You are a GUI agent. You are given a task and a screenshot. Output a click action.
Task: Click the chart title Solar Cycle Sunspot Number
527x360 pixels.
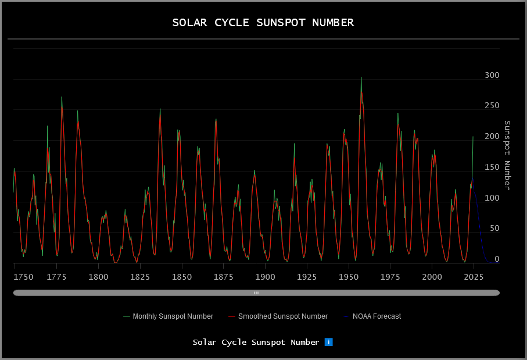tap(263, 23)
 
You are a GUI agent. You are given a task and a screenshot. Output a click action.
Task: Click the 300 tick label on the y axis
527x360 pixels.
tap(492, 76)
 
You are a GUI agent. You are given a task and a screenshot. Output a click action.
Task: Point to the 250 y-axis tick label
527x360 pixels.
tap(492, 106)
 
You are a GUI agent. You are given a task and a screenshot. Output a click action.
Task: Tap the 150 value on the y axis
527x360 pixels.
tap(492, 167)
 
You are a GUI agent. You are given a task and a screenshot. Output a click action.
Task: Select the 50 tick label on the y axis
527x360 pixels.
tap(494, 229)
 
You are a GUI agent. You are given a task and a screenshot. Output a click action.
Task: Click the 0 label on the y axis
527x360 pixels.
tap(496, 259)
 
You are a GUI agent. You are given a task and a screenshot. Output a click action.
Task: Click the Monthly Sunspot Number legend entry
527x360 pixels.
tap(173, 316)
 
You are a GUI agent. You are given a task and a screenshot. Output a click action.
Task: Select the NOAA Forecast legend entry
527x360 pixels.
tap(377, 316)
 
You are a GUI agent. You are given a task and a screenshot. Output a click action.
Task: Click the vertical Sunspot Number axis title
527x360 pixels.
tap(507, 155)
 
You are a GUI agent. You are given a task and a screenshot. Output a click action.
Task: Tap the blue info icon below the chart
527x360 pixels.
tap(328, 342)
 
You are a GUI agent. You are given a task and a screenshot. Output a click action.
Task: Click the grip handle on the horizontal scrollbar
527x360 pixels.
tap(256, 293)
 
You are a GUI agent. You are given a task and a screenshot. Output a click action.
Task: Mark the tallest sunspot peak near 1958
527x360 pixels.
tap(361, 78)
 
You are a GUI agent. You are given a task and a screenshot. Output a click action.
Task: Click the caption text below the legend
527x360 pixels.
tap(256, 342)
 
